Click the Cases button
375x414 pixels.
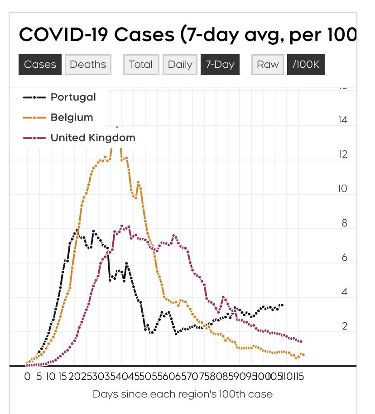tap(40, 65)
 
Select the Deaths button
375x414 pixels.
tap(88, 65)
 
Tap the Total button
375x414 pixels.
tap(141, 65)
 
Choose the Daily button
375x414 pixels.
tap(180, 65)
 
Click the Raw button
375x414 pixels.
tap(268, 65)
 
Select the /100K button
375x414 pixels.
tap(306, 65)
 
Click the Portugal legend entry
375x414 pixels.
tap(73, 97)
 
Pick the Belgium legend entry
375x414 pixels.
tap(72, 118)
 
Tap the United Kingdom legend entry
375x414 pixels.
tap(92, 138)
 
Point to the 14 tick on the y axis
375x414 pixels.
tap(342, 120)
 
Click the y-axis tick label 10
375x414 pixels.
tap(342, 189)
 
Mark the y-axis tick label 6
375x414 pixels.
tap(345, 258)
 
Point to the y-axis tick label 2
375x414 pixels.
tap(345, 326)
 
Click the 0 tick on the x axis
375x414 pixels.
tap(27, 376)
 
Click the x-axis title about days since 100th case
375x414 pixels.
tap(183, 394)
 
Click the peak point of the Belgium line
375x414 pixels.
tap(117, 127)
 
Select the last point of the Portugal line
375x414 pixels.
tap(282, 305)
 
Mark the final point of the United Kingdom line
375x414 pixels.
tap(301, 342)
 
